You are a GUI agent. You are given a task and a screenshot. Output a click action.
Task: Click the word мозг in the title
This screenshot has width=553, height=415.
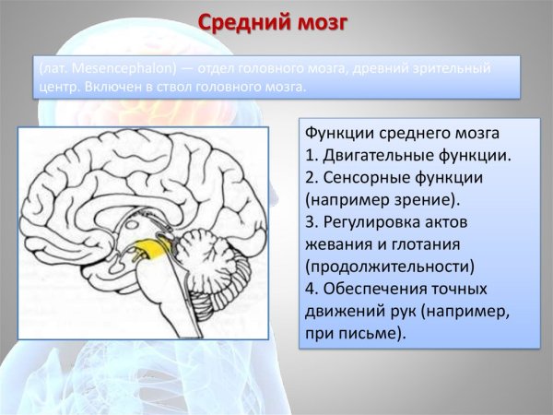click(x=323, y=20)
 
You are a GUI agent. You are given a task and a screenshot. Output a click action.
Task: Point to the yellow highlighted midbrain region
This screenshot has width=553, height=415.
click(x=152, y=246)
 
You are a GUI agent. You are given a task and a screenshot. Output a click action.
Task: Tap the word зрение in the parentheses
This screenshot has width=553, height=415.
click(x=430, y=198)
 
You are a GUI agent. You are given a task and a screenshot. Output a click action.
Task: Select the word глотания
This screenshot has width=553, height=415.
click(x=429, y=245)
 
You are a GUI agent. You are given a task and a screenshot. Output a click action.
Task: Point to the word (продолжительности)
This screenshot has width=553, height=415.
click(x=389, y=267)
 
